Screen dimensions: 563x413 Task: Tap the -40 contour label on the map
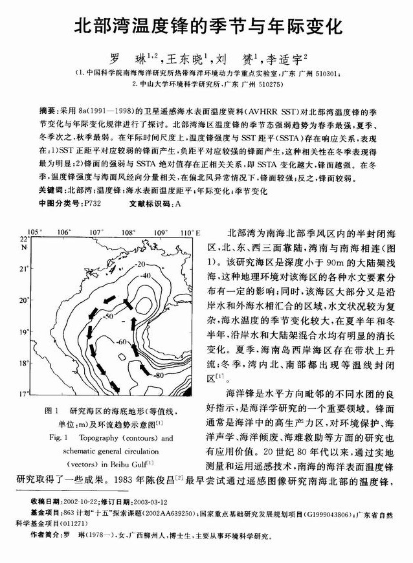[146, 276]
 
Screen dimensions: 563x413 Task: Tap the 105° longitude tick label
[33, 232]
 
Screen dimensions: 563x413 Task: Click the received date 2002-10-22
[87, 502]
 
